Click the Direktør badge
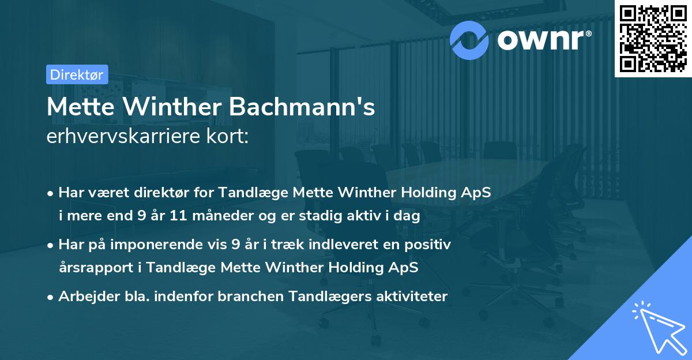pyautogui.click(x=77, y=74)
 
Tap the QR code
pyautogui.click(x=653, y=38)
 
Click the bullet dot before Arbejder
pyautogui.click(x=51, y=297)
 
